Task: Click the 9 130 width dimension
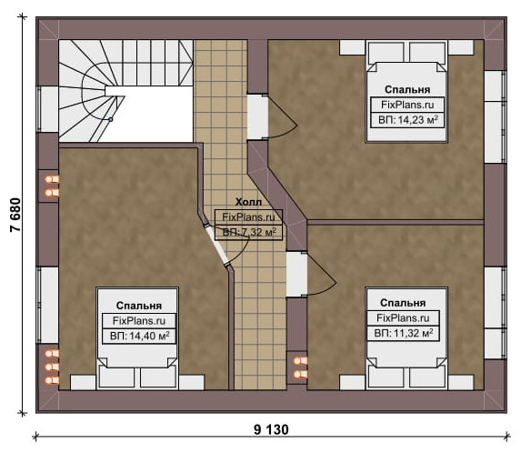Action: tap(271, 429)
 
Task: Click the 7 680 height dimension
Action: tap(15, 215)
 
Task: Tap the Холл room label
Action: tap(248, 202)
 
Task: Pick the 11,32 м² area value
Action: tap(413, 333)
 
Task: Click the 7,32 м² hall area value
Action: tap(258, 232)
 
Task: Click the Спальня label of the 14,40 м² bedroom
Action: tap(139, 306)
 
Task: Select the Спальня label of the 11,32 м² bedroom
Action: tap(403, 303)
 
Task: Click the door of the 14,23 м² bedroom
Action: tap(281, 117)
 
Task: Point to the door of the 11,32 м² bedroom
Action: tap(321, 274)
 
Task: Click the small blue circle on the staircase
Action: tap(111, 119)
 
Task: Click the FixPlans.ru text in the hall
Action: tap(248, 217)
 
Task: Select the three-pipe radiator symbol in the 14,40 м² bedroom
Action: tap(52, 367)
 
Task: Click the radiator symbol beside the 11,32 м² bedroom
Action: tap(300, 367)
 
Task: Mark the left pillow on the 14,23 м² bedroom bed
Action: tap(386, 52)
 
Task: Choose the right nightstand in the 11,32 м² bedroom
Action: tap(460, 382)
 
